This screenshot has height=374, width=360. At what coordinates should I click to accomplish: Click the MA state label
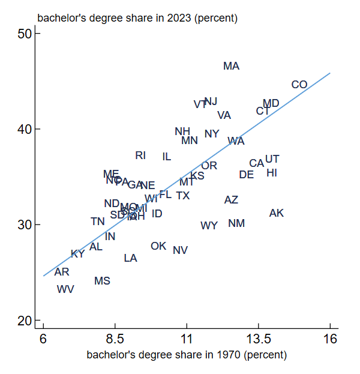click(x=231, y=66)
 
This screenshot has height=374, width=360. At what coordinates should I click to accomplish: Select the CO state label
click(x=299, y=85)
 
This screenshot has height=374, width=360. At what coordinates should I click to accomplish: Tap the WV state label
click(x=65, y=289)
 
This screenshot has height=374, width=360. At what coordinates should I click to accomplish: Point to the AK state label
click(x=277, y=213)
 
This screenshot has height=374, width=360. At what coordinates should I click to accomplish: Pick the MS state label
click(x=102, y=281)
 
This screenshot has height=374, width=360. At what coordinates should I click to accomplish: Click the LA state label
click(x=130, y=258)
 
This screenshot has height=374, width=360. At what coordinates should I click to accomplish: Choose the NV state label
click(x=180, y=250)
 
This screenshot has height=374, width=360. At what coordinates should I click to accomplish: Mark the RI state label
click(x=140, y=155)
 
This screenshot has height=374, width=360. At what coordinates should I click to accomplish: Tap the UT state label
click(x=272, y=159)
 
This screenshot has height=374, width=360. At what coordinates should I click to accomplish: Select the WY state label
click(x=209, y=226)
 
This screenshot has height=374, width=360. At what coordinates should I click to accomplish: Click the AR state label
click(x=62, y=272)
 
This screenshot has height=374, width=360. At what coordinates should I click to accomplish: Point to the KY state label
click(x=77, y=254)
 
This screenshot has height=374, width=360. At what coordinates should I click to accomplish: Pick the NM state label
click(x=236, y=223)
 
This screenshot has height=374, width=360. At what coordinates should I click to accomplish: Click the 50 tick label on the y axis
click(x=25, y=34)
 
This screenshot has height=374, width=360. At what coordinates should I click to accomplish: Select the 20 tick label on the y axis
click(x=25, y=321)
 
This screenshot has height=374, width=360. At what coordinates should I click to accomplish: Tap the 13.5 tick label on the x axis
click(x=259, y=340)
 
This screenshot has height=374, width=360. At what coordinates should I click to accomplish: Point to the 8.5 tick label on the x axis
click(x=115, y=340)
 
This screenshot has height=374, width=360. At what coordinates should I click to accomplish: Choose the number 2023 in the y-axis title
click(x=176, y=18)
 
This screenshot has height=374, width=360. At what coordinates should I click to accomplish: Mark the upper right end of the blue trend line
click(x=330, y=74)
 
